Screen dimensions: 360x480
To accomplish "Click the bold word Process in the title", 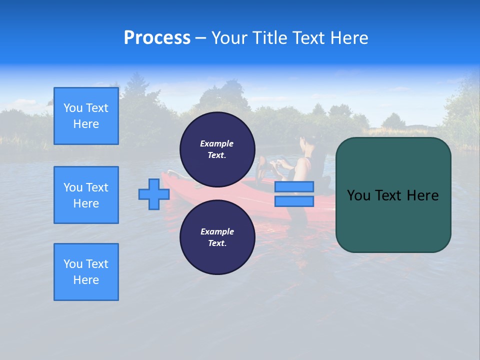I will pos(157,38).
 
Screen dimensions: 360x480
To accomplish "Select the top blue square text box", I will pos(86,116).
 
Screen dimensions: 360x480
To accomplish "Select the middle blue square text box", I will pos(86,195).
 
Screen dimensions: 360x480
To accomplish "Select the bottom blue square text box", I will pos(86,272).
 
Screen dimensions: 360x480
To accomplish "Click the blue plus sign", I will pos(154,194).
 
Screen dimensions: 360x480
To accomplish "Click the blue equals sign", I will pos(294,194).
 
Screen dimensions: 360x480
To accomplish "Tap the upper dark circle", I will pos(217,149).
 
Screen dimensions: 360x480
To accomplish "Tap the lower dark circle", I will pos(217,237).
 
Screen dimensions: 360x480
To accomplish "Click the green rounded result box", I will pos(393,195).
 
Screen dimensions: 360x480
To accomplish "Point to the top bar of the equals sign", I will pos(294,187).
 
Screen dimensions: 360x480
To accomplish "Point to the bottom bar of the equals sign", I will pos(294,201).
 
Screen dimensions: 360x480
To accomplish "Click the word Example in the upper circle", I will pos(217,143).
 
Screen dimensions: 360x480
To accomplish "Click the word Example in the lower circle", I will pos(217,231).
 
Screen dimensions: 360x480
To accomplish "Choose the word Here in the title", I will pos(349,38).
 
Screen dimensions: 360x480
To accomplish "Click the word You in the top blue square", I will pos(73,108).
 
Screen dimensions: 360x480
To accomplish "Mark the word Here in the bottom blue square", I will pos(86,280).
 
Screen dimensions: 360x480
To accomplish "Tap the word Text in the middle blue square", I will pos(97,187).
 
